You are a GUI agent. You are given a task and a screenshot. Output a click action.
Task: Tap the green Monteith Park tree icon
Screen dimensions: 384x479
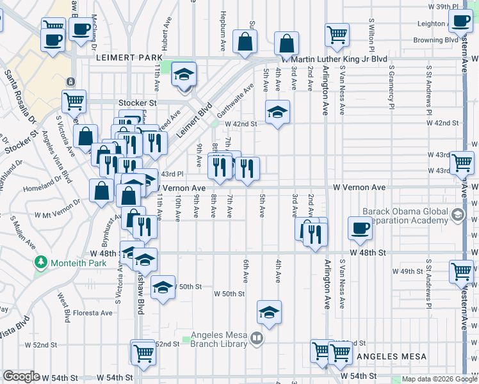[41, 262]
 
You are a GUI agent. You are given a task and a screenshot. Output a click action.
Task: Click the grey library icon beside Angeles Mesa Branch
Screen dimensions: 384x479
[256, 338]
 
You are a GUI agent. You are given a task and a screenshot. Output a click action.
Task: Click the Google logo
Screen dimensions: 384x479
[21, 377]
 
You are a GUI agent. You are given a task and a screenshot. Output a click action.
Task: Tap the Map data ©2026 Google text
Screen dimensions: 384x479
[439, 379]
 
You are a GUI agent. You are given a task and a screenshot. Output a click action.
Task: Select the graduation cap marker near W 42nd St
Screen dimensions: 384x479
[277, 111]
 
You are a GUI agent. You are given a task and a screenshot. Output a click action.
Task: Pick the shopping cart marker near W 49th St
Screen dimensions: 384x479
[461, 272]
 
